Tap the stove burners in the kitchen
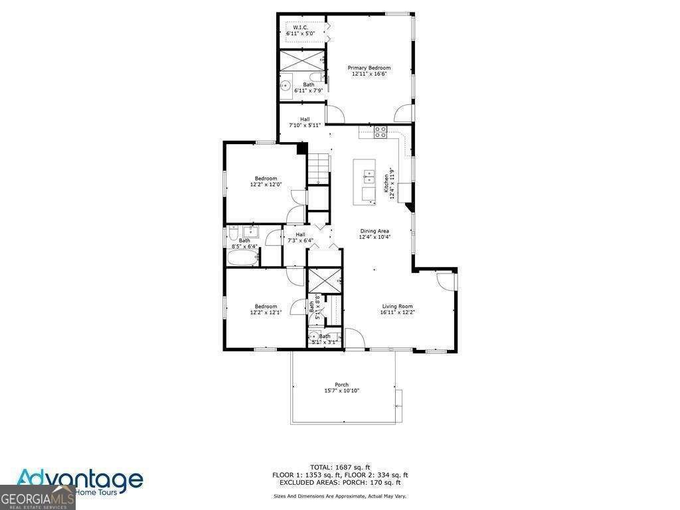(381, 131)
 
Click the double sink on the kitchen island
(368, 177)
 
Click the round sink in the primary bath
(284, 86)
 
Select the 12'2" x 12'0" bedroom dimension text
(266, 185)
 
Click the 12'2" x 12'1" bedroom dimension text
(266, 312)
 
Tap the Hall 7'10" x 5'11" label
(305, 122)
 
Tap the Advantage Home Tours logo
(80, 479)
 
